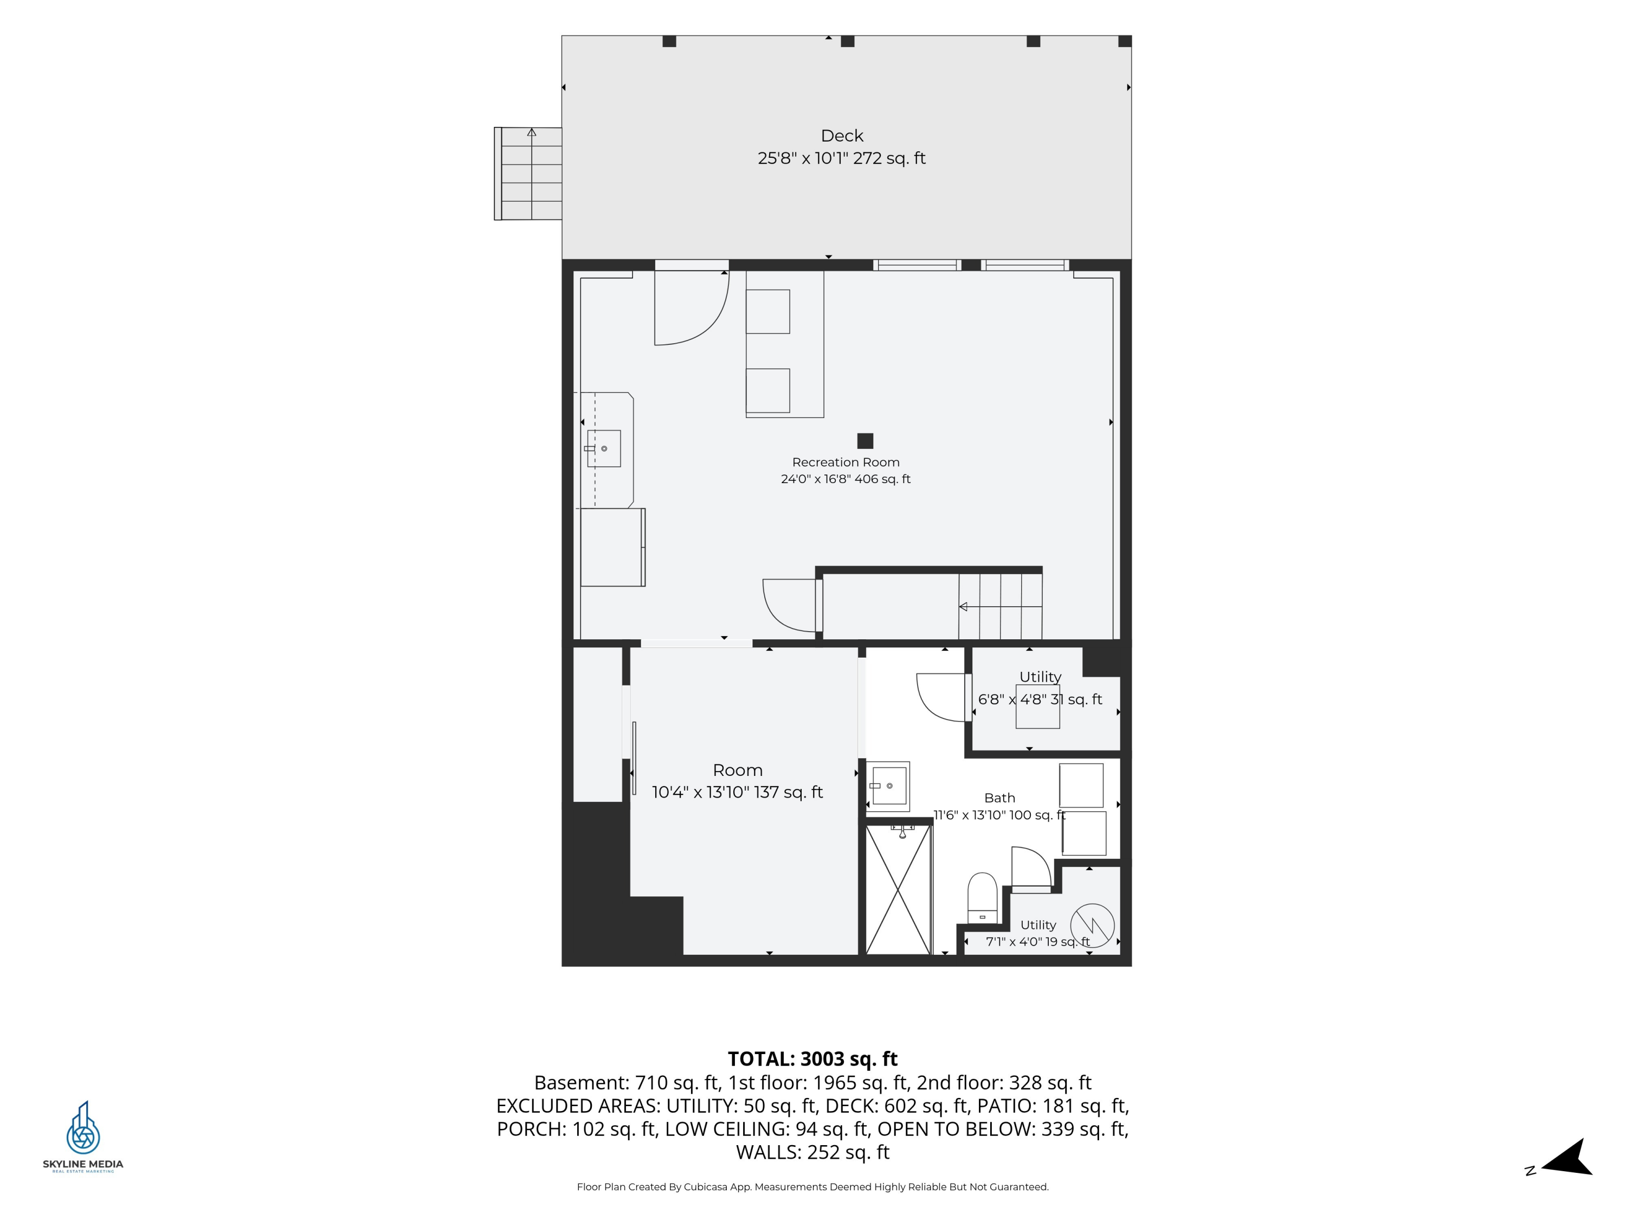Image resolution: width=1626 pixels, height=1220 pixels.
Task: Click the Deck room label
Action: click(x=842, y=136)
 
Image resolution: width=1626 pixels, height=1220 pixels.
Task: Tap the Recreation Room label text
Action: click(x=846, y=463)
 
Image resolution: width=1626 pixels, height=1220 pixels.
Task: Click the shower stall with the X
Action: click(x=898, y=889)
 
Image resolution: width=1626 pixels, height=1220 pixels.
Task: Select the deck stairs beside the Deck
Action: click(x=528, y=174)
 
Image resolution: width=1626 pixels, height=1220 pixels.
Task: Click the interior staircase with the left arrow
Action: click(x=999, y=607)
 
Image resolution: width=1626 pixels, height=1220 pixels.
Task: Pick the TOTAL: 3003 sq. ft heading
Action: click(x=812, y=1059)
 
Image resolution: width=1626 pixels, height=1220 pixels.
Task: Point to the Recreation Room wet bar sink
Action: click(x=603, y=448)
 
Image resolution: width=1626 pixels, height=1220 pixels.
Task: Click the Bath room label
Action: click(x=999, y=798)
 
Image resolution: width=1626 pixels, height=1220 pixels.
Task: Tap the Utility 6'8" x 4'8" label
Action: click(x=1040, y=688)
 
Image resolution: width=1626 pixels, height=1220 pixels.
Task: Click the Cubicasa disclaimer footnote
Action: click(x=812, y=1187)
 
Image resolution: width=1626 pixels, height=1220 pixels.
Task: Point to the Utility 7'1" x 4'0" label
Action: click(x=1038, y=933)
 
